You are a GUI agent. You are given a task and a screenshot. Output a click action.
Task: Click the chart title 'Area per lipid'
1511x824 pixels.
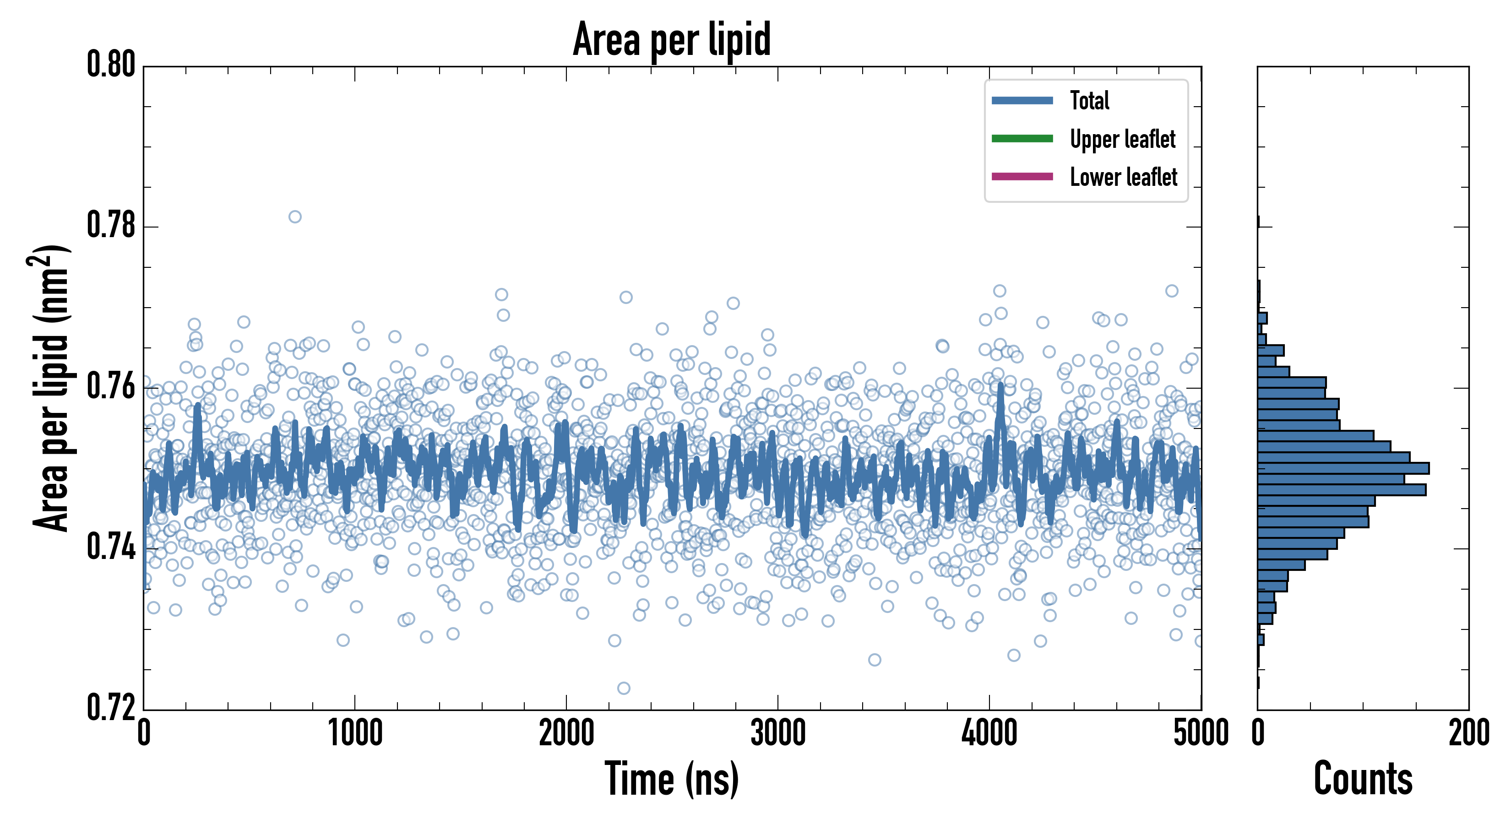pyautogui.click(x=672, y=39)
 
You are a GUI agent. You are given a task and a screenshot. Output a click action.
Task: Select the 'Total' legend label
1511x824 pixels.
pyautogui.click(x=1089, y=100)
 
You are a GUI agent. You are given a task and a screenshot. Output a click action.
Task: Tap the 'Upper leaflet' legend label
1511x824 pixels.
pyautogui.click(x=1122, y=139)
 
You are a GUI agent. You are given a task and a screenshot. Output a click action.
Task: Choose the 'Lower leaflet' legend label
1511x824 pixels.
pyautogui.click(x=1123, y=177)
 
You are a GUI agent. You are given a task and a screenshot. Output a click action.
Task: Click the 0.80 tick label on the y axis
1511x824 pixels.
pyautogui.click(x=111, y=65)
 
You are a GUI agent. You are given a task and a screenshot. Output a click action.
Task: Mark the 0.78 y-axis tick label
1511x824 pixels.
pyautogui.click(x=111, y=225)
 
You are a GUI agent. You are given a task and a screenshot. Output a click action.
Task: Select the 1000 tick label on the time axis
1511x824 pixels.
pyautogui.click(x=355, y=733)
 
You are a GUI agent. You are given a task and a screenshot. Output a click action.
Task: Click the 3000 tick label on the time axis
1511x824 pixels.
pyautogui.click(x=778, y=733)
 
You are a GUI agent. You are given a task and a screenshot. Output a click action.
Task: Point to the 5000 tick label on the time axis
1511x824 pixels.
pyautogui.click(x=1201, y=733)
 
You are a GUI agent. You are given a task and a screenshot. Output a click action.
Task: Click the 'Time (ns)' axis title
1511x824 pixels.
pyautogui.click(x=672, y=780)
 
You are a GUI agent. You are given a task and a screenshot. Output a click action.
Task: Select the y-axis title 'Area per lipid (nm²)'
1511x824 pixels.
pyautogui.click(x=50, y=388)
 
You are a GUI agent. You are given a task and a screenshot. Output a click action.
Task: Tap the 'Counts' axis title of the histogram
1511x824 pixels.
pyautogui.click(x=1363, y=780)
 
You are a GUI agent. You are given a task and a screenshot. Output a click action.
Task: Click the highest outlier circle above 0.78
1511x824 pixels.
pyautogui.click(x=295, y=217)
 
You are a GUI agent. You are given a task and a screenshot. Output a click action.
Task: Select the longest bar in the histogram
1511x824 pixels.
pyautogui.click(x=1343, y=468)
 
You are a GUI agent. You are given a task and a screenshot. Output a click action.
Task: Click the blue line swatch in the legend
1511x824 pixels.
pyautogui.click(x=1022, y=100)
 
